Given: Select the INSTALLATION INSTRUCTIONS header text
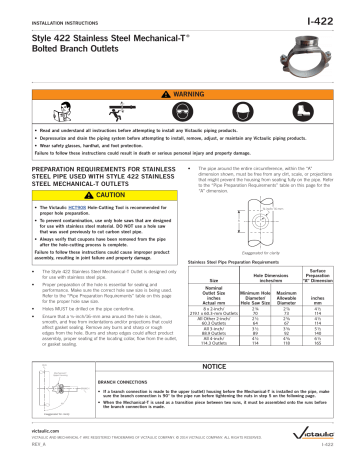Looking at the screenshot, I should pos(45,12).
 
